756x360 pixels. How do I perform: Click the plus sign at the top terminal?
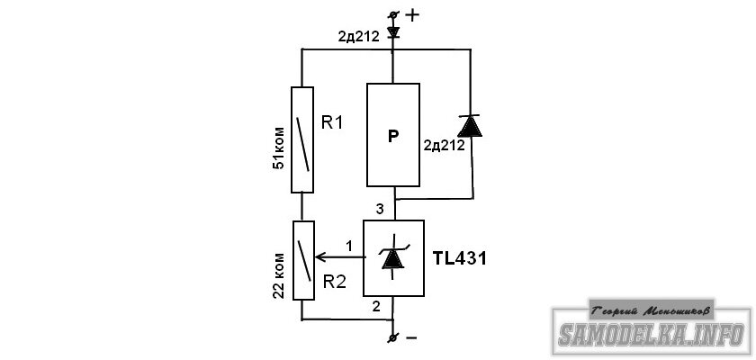point(412,15)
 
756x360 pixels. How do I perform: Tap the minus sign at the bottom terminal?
point(411,337)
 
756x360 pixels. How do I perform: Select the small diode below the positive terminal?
point(393,31)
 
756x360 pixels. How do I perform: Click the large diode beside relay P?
point(470,126)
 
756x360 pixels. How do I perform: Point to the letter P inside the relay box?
point(393,137)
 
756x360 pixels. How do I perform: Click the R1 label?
point(332,123)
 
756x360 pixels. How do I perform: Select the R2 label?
point(334,282)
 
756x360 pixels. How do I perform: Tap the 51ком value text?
point(279,148)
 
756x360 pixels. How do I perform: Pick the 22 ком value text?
point(279,275)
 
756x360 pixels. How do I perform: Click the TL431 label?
point(460,259)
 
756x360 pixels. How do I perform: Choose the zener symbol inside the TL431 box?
point(393,256)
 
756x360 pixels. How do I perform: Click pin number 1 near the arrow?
point(348,246)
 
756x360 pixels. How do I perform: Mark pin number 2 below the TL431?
point(377,305)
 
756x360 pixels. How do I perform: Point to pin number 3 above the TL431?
point(380,209)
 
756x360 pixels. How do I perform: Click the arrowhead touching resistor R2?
point(319,257)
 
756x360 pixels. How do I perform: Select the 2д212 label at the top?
point(358,37)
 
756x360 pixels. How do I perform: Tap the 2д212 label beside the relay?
point(444,145)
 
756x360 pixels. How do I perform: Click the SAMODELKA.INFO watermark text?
point(652,334)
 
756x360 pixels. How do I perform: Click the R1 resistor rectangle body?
point(302,139)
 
